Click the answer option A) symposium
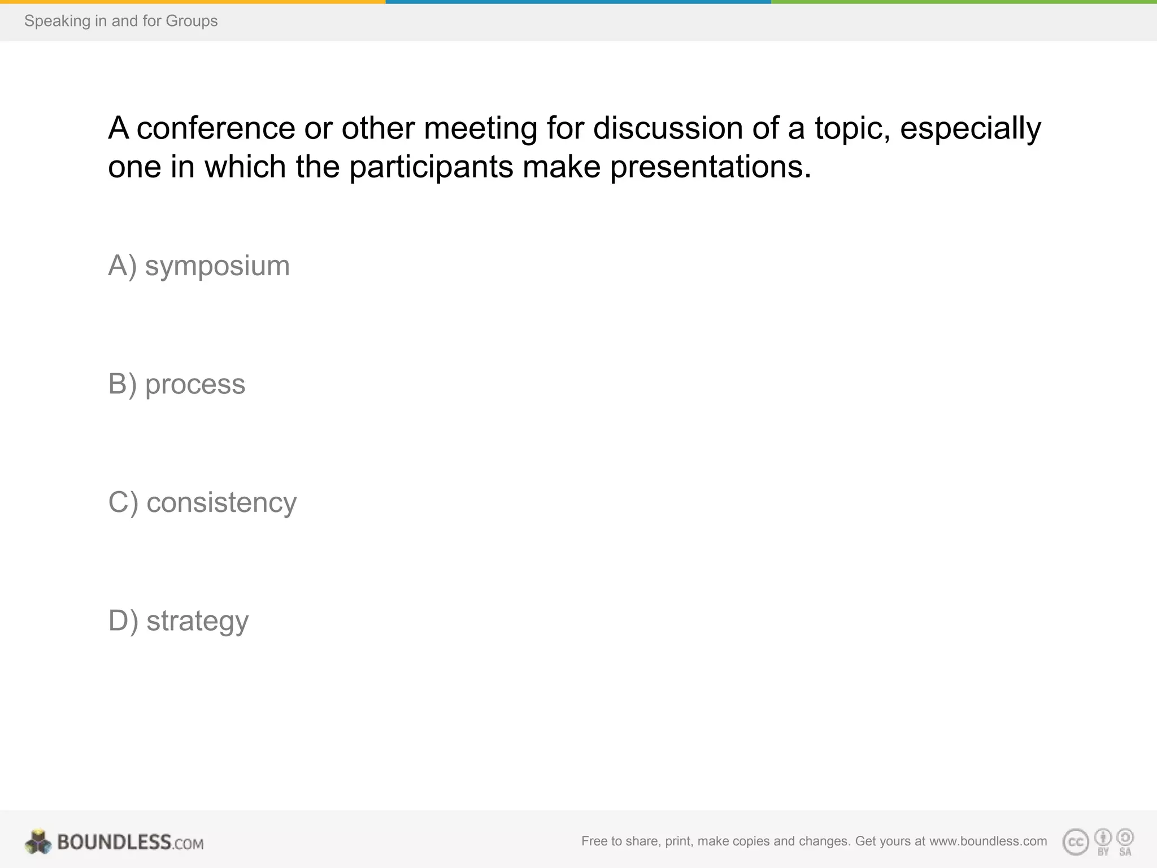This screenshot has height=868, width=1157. point(199,266)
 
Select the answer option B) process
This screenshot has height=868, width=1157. point(176,384)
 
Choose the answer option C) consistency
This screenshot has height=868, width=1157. point(202,502)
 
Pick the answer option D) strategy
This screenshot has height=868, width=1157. point(178,620)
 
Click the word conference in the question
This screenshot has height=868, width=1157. point(216,128)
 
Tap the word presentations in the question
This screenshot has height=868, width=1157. point(710,167)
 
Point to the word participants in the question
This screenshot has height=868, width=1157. point(431,167)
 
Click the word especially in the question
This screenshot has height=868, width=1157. point(970,128)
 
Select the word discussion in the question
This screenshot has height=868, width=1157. point(668,128)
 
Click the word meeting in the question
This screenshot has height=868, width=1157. point(480,128)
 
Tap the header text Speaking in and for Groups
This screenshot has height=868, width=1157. point(121,21)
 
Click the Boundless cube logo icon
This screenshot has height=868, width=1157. point(38,842)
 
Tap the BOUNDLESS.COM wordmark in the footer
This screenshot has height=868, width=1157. point(130,843)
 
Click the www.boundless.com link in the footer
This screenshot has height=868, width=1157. point(988,841)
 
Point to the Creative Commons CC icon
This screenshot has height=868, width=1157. point(1076,843)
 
